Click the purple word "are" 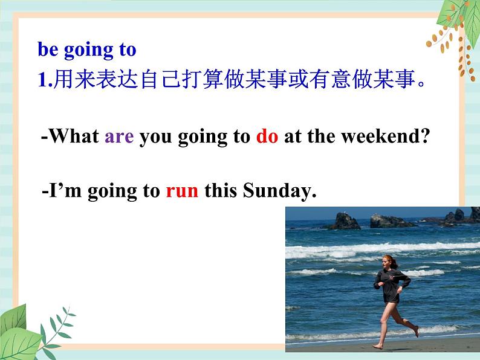119,137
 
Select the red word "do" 267,135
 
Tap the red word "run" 182,191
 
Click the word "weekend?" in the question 386,135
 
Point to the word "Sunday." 279,190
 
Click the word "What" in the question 74,135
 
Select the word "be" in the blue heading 48,50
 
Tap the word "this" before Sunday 221,190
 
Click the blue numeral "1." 45,80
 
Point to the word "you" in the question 155,138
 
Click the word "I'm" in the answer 65,190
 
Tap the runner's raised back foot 416,331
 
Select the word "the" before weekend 322,135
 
